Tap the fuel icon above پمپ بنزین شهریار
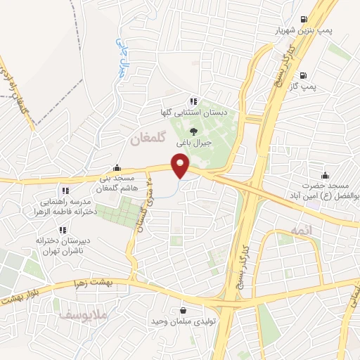tap(303, 19)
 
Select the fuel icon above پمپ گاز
tap(303, 75)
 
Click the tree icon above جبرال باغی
tap(194, 129)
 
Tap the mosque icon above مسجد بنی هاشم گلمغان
tap(116, 168)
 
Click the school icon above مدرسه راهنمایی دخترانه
tap(65, 190)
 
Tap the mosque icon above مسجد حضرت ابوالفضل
tap(324, 175)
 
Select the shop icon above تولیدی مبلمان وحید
tap(183, 310)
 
